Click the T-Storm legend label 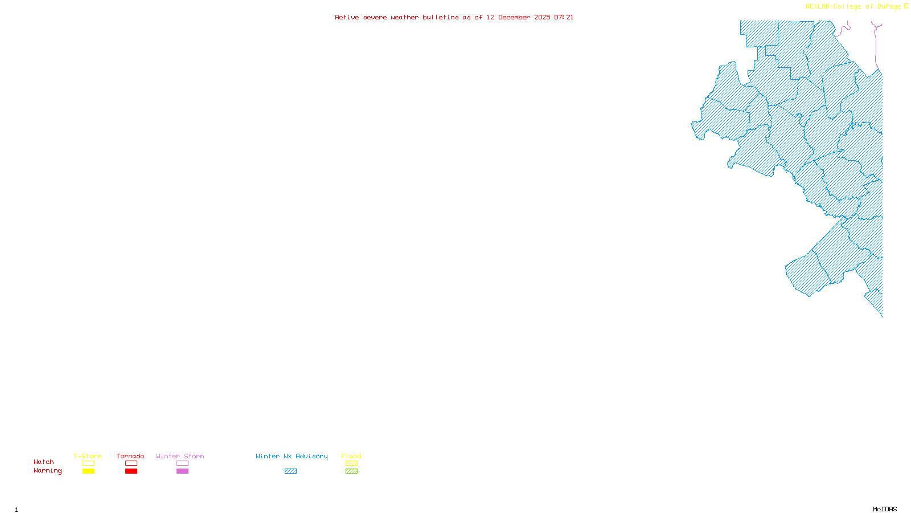[88, 456]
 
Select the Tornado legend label [130, 456]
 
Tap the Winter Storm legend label [180, 456]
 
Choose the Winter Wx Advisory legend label [292, 456]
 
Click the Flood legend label [351, 456]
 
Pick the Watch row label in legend [44, 462]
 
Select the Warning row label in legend [48, 471]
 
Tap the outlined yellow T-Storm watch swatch [88, 463]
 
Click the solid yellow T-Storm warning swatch [88, 471]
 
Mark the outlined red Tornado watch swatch [132, 463]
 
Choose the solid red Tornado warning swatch [132, 471]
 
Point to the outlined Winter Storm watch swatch [182, 463]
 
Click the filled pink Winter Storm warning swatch [182, 471]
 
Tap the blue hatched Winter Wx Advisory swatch [290, 471]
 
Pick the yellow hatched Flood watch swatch [351, 463]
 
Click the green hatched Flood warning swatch [351, 471]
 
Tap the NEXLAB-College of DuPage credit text [853, 6]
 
